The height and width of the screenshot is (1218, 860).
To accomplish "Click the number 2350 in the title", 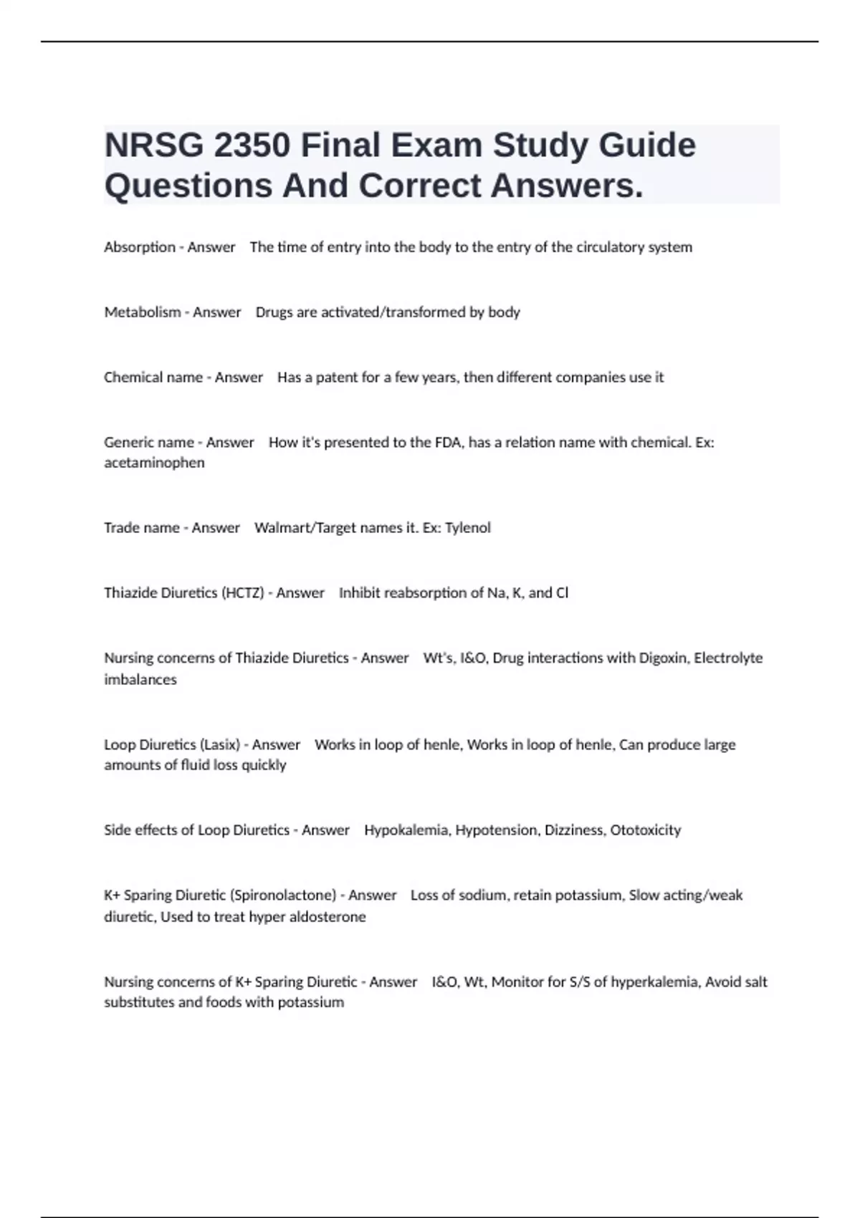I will click(252, 145).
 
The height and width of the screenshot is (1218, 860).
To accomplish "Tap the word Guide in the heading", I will click(647, 145).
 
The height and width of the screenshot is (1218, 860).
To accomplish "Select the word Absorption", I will click(140, 247).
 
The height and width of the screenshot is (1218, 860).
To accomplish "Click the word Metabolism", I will click(143, 312).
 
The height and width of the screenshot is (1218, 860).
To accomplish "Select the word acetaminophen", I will click(154, 463).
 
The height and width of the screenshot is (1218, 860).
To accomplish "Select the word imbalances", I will click(140, 679).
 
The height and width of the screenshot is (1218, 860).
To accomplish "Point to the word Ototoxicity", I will click(645, 830).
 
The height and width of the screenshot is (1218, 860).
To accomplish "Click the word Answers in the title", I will click(566, 186).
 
